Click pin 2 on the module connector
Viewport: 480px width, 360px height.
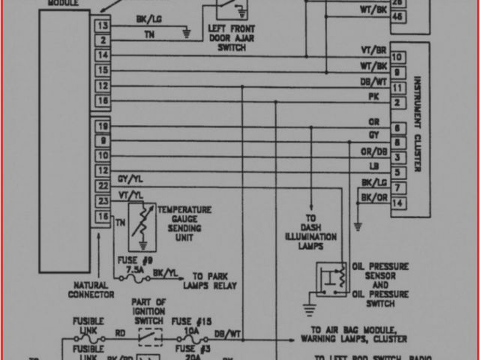tap(102, 39)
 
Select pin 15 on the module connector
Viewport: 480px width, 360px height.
tap(102, 70)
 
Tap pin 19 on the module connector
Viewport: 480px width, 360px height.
tap(102, 126)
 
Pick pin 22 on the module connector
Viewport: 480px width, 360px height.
tap(102, 185)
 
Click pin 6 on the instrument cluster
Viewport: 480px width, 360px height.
tap(397, 127)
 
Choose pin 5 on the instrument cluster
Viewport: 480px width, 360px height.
tap(397, 172)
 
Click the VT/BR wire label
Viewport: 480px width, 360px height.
tap(373, 50)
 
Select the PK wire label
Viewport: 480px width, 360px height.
tap(373, 96)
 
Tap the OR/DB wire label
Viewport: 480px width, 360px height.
tap(373, 150)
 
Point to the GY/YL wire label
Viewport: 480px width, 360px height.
tap(128, 180)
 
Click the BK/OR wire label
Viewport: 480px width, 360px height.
tap(373, 196)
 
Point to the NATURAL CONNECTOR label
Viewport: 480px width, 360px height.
tap(92, 289)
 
